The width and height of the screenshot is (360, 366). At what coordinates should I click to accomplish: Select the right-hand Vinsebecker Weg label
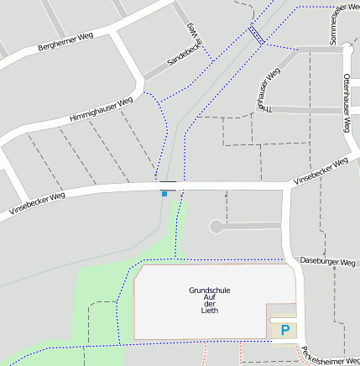point(321,170)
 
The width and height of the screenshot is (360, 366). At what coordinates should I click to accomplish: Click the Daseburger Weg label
point(327,262)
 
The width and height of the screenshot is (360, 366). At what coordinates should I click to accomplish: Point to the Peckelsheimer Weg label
point(331,358)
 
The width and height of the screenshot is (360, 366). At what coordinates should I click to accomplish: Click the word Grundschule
point(210,290)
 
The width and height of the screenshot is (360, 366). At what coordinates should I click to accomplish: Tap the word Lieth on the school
point(210,311)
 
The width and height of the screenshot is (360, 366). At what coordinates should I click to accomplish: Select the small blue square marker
point(164,194)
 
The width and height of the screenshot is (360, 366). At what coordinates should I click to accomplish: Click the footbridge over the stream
point(256,34)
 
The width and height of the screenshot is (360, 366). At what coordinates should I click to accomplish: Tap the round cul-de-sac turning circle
point(217,226)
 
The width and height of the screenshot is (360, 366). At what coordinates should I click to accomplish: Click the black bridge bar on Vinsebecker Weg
point(169,181)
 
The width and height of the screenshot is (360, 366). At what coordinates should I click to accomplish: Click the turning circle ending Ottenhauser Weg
point(347,50)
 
